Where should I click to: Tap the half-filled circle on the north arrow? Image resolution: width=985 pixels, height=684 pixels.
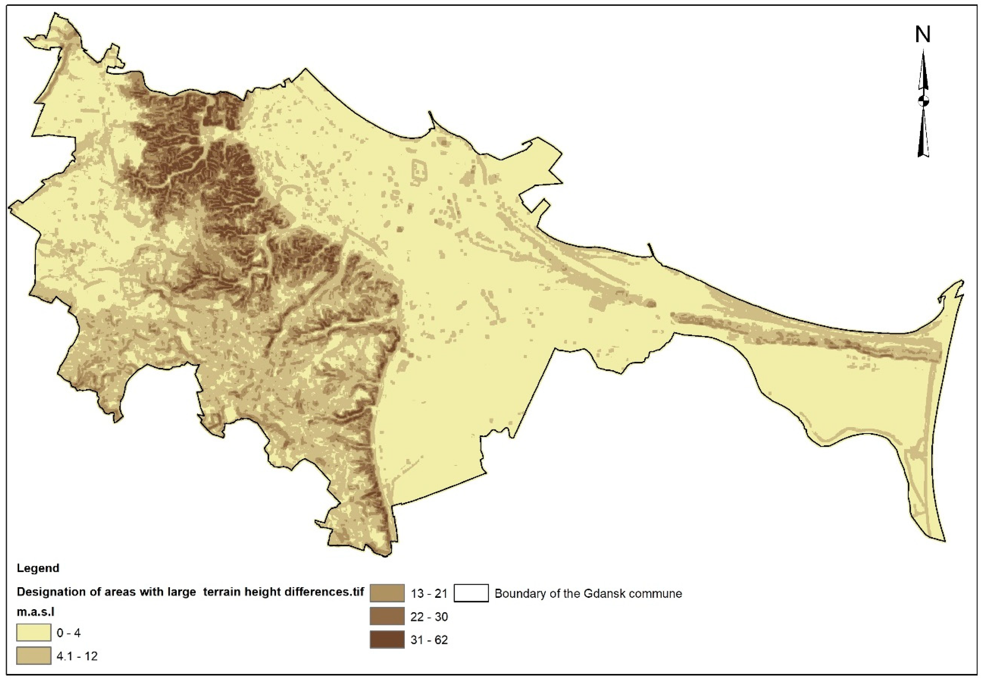pyautogui.click(x=923, y=101)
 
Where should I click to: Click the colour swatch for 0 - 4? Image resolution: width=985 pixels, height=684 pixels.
pyautogui.click(x=33, y=633)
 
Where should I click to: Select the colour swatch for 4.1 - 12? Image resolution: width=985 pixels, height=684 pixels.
pyautogui.click(x=33, y=656)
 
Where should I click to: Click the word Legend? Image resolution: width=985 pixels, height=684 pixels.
pyautogui.click(x=38, y=568)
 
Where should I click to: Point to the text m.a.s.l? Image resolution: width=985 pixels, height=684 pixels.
pyautogui.click(x=35, y=612)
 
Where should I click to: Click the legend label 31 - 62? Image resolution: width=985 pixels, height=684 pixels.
pyautogui.click(x=429, y=640)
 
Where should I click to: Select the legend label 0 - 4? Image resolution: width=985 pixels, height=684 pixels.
pyautogui.click(x=69, y=633)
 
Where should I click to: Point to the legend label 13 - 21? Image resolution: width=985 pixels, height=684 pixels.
pyautogui.click(x=429, y=594)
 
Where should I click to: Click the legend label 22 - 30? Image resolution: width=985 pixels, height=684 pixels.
pyautogui.click(x=429, y=617)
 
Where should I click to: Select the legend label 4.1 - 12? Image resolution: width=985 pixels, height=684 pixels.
pyautogui.click(x=77, y=656)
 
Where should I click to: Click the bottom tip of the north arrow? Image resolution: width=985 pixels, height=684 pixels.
pyautogui.click(x=923, y=156)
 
